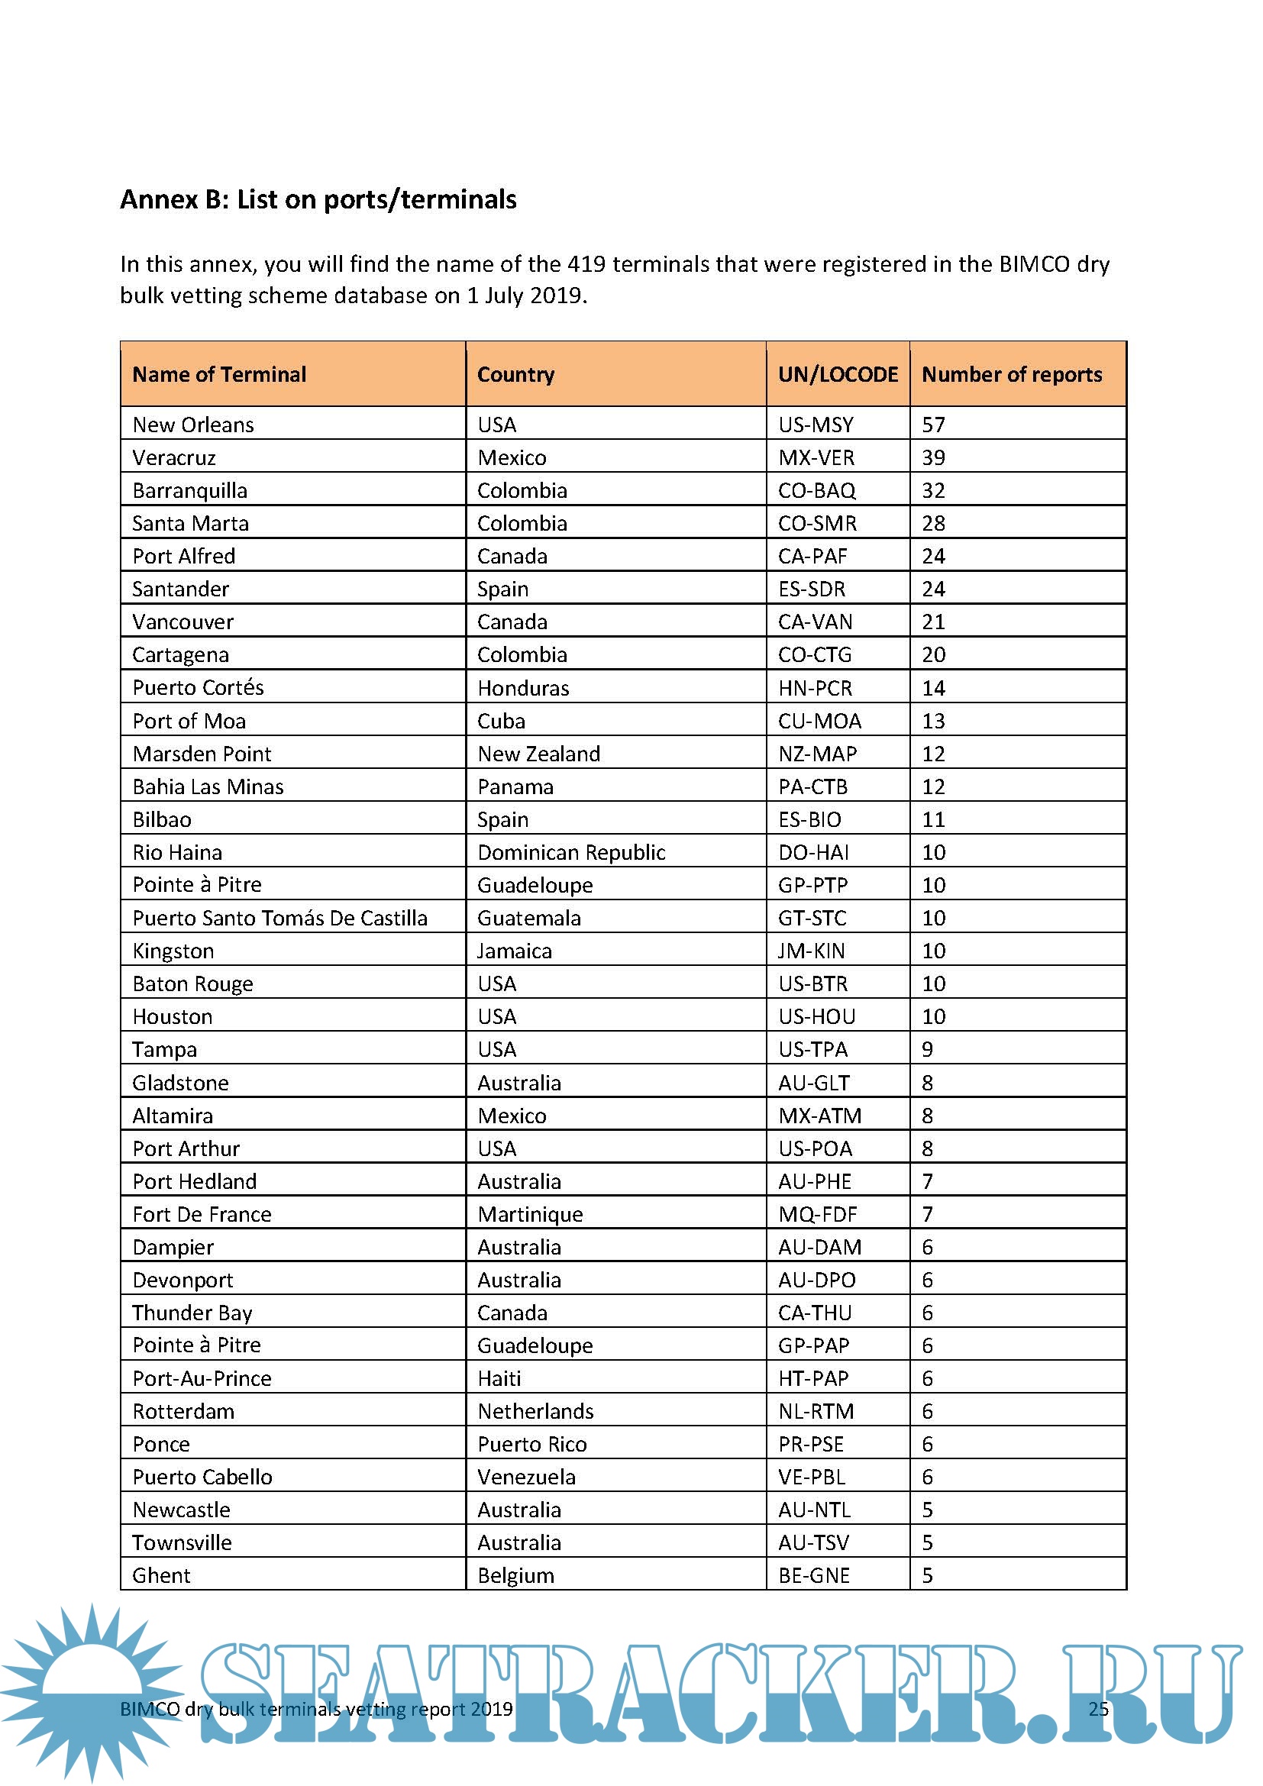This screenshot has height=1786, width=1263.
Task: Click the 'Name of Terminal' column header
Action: click(219, 375)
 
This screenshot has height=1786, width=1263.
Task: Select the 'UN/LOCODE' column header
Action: click(838, 375)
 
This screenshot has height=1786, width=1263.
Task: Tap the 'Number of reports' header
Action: click(1011, 375)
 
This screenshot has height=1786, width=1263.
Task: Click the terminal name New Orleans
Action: click(193, 425)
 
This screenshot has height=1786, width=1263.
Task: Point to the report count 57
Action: click(933, 425)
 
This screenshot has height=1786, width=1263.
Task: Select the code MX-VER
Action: click(816, 457)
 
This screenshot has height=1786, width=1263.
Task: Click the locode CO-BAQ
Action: click(816, 491)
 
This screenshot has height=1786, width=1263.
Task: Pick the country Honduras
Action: click(522, 689)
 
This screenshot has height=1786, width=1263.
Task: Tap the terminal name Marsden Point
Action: click(202, 754)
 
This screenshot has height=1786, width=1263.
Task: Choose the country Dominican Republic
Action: click(571, 853)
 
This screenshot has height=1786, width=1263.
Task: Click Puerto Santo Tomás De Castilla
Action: click(279, 919)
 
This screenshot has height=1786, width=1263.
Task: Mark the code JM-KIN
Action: click(811, 951)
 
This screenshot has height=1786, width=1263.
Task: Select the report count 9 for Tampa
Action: click(927, 1050)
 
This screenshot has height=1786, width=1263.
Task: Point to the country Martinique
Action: click(530, 1215)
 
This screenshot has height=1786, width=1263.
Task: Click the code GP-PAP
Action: click(813, 1346)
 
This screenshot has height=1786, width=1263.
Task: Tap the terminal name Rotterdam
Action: click(183, 1412)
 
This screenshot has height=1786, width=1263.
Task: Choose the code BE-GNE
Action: click(813, 1576)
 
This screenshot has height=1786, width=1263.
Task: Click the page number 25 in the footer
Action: click(1098, 1709)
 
